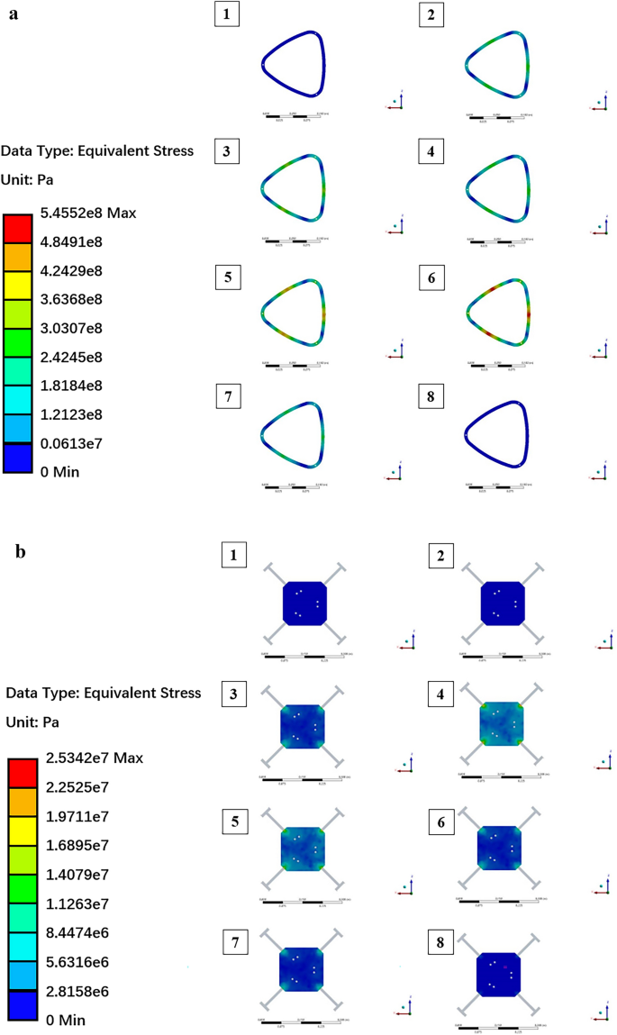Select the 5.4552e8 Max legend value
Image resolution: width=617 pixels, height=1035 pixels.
[x=93, y=213]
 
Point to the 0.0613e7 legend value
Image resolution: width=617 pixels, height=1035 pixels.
[x=78, y=442]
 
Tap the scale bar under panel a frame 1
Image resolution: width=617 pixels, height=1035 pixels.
[x=295, y=115]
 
